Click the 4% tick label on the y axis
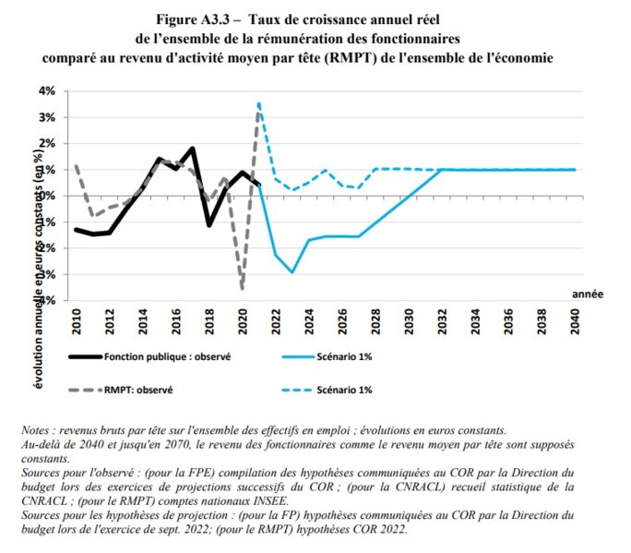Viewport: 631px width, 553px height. click(x=47, y=91)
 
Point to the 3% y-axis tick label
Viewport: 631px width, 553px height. click(x=47, y=117)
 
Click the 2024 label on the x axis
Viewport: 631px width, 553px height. click(x=309, y=319)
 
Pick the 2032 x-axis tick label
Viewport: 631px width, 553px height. click(x=442, y=319)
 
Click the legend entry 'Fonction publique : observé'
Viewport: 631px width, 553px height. click(x=167, y=355)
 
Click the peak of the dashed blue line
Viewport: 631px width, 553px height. click(x=259, y=103)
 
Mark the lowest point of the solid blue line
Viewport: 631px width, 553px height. click(x=292, y=272)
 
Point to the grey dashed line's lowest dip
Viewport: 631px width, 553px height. click(x=243, y=289)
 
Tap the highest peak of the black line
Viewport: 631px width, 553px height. click(x=192, y=148)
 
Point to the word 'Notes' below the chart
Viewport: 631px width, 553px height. click(x=37, y=431)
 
